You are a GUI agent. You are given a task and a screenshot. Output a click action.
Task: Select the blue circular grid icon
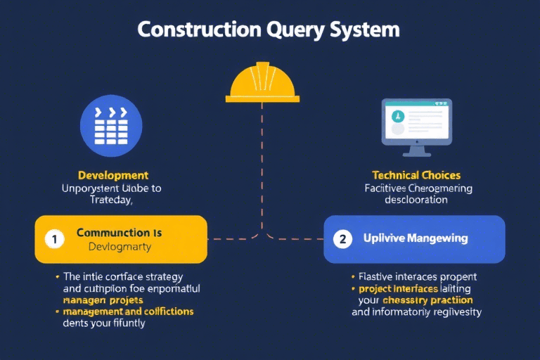[x=112, y=124]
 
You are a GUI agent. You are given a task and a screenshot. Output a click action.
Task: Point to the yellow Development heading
[x=112, y=175]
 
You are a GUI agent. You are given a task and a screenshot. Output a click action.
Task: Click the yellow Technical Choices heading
[x=416, y=175]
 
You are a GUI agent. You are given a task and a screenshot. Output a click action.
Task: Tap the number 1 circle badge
[x=54, y=239]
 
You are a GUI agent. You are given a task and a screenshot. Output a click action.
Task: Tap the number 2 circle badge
[x=342, y=239]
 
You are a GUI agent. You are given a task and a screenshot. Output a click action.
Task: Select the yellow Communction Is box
[x=121, y=239]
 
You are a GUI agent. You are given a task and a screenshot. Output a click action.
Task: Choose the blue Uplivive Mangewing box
[x=414, y=239]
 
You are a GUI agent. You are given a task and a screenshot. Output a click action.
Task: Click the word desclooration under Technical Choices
[x=416, y=200]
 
